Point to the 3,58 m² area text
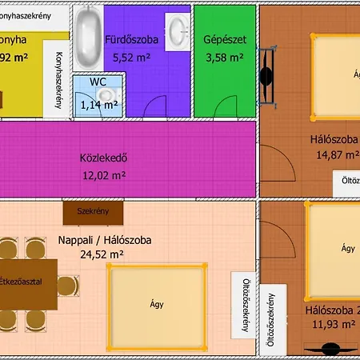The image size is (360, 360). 224,58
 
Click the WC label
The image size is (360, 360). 98,82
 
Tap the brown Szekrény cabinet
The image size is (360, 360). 94,212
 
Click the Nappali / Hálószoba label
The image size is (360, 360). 104,240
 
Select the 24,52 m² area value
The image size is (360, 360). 101,255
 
